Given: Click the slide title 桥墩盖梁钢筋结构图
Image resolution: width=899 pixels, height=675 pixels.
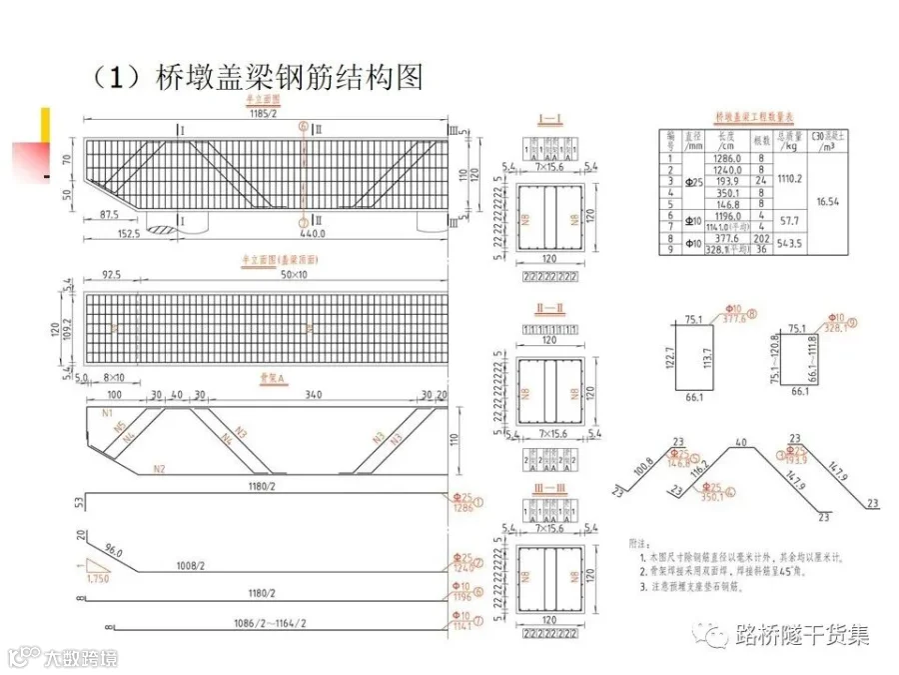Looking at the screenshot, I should (x=290, y=76).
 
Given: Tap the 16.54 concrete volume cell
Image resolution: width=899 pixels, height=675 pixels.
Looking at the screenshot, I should (x=826, y=201).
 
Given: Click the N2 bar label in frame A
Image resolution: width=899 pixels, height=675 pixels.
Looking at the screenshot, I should (x=159, y=467).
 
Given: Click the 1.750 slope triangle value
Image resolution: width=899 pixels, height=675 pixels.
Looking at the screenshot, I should (x=97, y=578).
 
